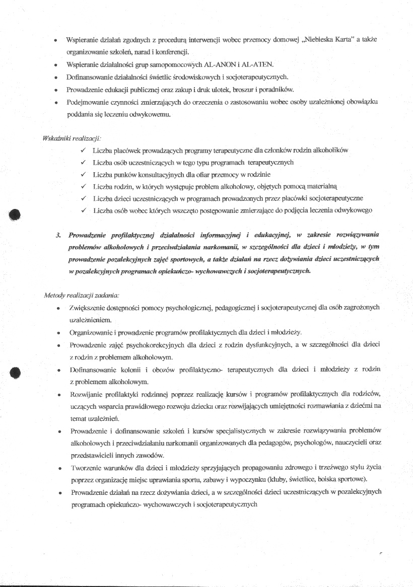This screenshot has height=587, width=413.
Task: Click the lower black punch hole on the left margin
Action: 15,373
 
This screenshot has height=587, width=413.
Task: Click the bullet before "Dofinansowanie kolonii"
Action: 59,370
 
